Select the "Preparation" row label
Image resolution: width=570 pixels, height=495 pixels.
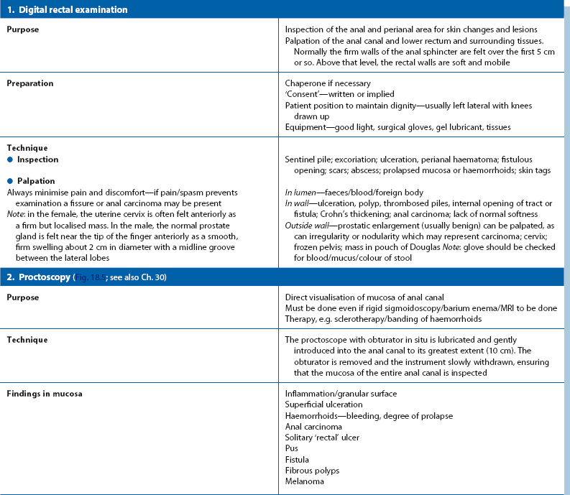click(x=29, y=83)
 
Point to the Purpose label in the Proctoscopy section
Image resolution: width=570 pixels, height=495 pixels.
click(x=23, y=297)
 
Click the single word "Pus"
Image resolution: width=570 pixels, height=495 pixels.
click(x=292, y=448)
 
